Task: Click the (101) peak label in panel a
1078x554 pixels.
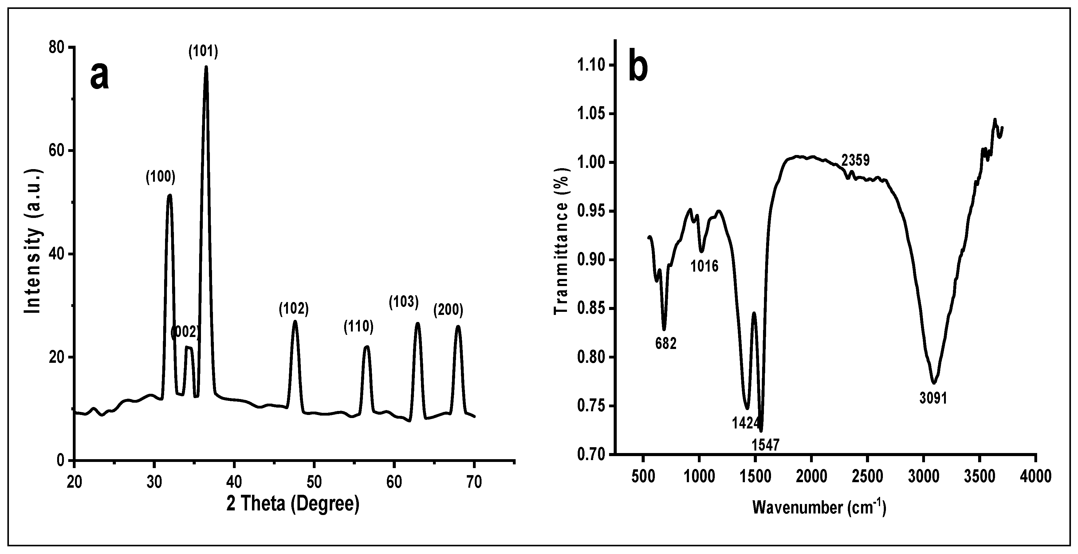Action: point(203,52)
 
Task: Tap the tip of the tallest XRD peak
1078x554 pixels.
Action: point(206,68)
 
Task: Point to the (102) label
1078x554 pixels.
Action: point(294,309)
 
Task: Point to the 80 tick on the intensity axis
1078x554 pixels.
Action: point(57,47)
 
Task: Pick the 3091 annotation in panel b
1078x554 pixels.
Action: point(933,398)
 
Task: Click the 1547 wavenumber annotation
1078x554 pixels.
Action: point(765,445)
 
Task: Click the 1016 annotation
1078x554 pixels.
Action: point(704,266)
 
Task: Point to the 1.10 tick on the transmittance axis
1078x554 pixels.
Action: point(591,65)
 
